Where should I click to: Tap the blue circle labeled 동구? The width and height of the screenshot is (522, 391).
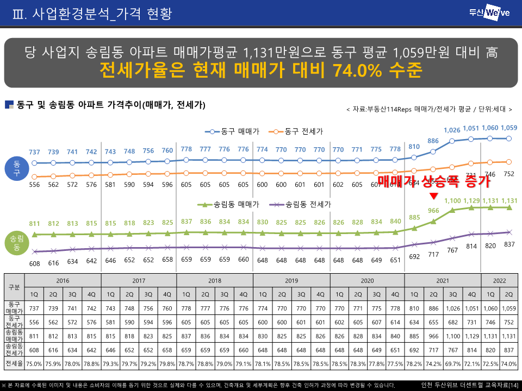[x=16, y=169]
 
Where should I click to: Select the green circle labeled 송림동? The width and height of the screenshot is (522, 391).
[x=16, y=243]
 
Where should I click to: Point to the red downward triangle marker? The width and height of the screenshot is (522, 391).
[x=433, y=196]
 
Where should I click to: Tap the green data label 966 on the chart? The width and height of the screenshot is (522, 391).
[x=433, y=211]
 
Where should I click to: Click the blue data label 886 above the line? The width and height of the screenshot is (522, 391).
[x=433, y=141]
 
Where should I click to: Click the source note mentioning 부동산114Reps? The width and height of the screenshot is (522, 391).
[x=429, y=109]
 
